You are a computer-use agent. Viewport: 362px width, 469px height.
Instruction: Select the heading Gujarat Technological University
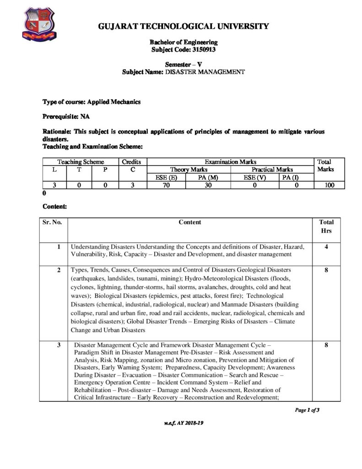click(x=184, y=27)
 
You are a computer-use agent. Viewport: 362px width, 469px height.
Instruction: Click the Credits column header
click(x=132, y=162)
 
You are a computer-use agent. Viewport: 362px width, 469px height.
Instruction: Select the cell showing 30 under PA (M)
click(x=208, y=185)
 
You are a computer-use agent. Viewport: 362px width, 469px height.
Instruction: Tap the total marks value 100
click(x=328, y=185)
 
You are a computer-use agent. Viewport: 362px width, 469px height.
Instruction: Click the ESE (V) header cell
click(x=252, y=177)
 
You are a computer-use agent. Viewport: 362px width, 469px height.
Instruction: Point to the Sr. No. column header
click(x=53, y=223)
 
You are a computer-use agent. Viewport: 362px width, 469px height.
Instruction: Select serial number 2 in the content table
click(x=59, y=270)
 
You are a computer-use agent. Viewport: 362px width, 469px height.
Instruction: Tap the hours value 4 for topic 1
click(x=326, y=246)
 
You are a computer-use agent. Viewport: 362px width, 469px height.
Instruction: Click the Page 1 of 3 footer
click(x=307, y=410)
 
